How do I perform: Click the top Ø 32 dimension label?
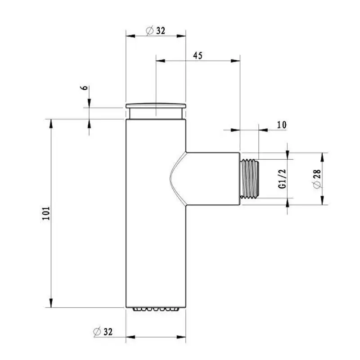coord(156,31)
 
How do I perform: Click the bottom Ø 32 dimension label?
coord(103,332)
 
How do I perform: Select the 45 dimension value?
coord(197,55)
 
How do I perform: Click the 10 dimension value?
coord(282,125)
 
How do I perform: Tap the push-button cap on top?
coord(156,110)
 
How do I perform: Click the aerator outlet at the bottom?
coord(156,309)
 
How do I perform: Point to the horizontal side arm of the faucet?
coord(211,178)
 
